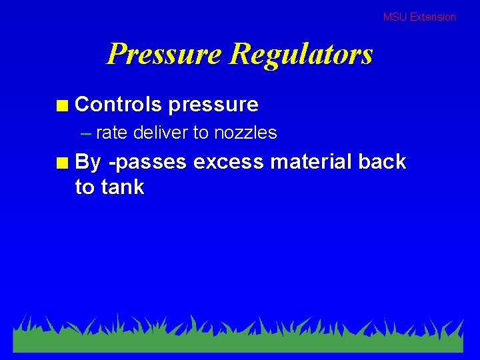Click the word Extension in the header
pyautogui.click(x=433, y=17)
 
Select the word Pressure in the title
pyautogui.click(x=164, y=53)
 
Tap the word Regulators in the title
pyautogui.click(x=301, y=53)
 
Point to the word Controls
pyautogui.click(x=119, y=104)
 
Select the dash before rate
pyautogui.click(x=85, y=133)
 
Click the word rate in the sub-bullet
pyautogui.click(x=111, y=133)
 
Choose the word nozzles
pyautogui.click(x=245, y=133)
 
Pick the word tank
pyautogui.click(x=122, y=187)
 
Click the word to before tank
pyautogui.click(x=85, y=187)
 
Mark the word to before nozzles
pyautogui.click(x=201, y=133)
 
